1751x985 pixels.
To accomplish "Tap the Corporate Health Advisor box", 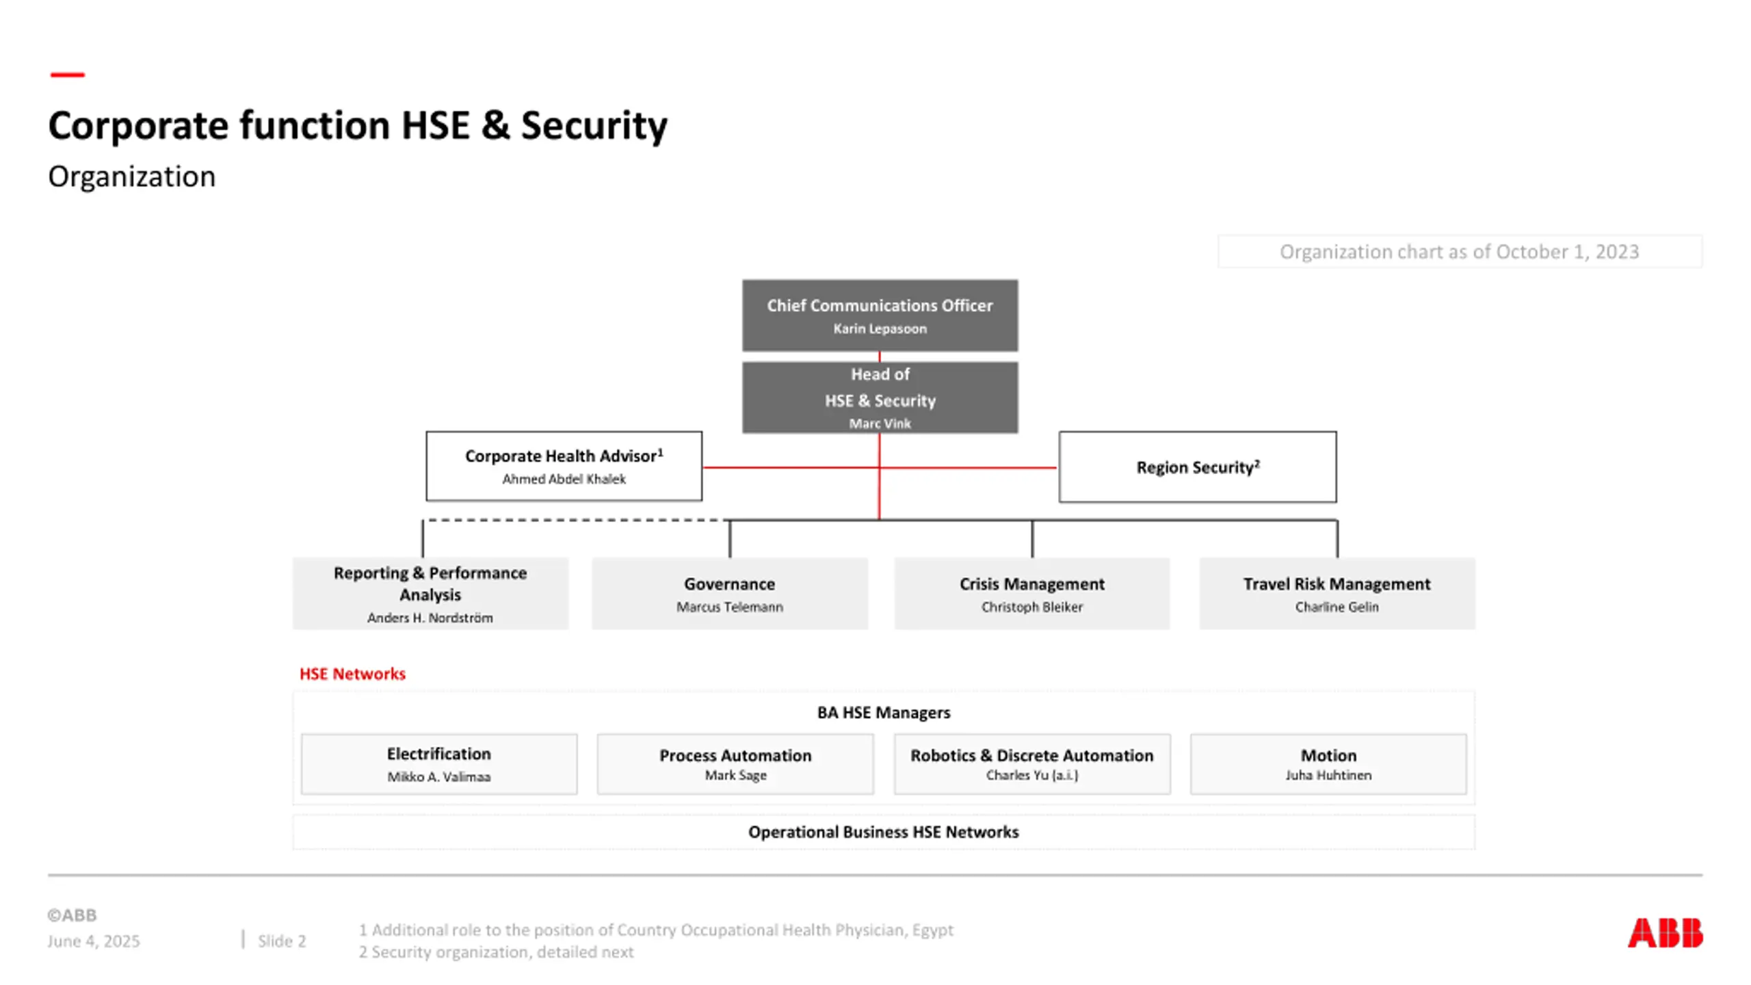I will click(x=564, y=466).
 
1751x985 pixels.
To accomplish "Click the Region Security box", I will click(x=1197, y=467).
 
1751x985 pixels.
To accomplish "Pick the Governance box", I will click(x=729, y=593).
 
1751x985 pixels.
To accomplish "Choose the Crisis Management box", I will click(x=1031, y=593).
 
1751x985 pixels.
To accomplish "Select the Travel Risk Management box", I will click(x=1337, y=593).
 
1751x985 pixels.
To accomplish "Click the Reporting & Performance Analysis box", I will click(x=430, y=593).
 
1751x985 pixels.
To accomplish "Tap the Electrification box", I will click(x=438, y=763).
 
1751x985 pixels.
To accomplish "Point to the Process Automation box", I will click(x=735, y=763).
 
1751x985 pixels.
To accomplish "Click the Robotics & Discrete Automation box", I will click(x=1031, y=763).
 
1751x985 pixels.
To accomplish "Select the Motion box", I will click(x=1328, y=763).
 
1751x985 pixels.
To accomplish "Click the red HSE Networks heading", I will click(x=352, y=674).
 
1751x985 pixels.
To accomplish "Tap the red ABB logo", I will click(x=1665, y=933).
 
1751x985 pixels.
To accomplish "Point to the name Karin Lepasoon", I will click(x=880, y=329).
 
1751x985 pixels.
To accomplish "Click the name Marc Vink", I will click(x=880, y=423).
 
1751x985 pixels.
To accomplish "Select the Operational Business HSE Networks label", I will click(x=883, y=832).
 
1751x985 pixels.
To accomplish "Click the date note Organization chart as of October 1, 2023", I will click(x=1459, y=252).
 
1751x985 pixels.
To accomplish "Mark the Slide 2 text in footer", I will click(x=282, y=941).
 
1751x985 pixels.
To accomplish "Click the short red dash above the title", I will click(x=67, y=75).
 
